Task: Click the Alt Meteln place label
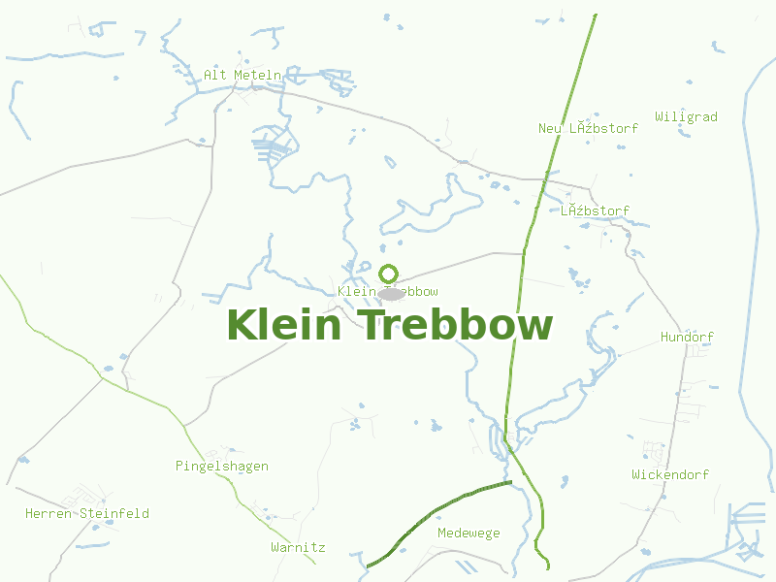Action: [242, 75]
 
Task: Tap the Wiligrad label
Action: [686, 117]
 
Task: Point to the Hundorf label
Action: [687, 338]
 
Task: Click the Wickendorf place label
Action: [669, 475]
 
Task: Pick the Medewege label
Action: [469, 533]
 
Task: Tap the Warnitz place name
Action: [298, 548]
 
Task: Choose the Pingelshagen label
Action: [221, 467]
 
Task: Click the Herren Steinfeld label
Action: [87, 514]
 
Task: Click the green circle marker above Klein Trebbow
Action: [389, 274]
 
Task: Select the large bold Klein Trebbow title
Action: [389, 325]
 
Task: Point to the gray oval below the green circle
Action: [390, 293]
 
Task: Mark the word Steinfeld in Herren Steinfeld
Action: [114, 514]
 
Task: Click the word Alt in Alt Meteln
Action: [214, 75]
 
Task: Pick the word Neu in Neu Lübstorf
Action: [550, 128]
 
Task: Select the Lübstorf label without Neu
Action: [595, 210]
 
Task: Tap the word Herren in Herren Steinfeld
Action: [48, 514]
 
